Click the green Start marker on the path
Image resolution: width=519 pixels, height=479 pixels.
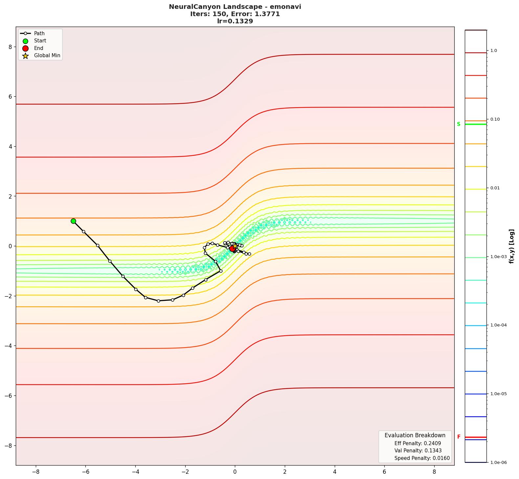[x=73, y=221]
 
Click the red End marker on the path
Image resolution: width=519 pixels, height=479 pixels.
[x=232, y=249]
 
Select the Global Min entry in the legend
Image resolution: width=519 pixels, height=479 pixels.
[x=47, y=56]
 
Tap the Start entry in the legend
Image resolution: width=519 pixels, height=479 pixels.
[x=40, y=41]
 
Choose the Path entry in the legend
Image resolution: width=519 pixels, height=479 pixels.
[x=39, y=34]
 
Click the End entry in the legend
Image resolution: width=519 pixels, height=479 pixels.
[x=38, y=48]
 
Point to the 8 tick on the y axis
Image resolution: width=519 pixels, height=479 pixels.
[x=10, y=47]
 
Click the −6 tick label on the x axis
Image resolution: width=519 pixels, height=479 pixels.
[x=85, y=472]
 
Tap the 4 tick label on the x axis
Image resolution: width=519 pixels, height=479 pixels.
[x=335, y=472]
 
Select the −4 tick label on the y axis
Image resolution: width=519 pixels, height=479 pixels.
[x=8, y=346]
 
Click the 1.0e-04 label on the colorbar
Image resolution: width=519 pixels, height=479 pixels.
[x=498, y=325]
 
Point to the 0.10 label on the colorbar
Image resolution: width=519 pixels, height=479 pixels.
[x=495, y=119]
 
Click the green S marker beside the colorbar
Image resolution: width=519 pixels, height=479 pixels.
[x=459, y=124]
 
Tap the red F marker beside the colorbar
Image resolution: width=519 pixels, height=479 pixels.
[x=459, y=437]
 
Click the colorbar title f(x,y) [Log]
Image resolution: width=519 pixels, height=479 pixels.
[x=511, y=246]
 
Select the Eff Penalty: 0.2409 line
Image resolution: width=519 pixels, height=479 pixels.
[x=417, y=443]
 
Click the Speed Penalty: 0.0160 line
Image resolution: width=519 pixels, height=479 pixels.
[x=422, y=458]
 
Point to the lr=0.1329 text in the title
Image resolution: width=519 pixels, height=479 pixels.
[x=235, y=21]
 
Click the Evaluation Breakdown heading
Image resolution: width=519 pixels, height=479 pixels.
[x=415, y=435]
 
